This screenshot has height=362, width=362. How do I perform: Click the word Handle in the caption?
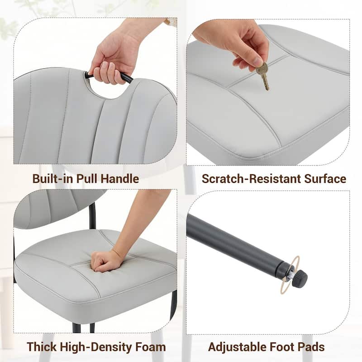click(120, 179)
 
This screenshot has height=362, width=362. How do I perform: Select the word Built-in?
click(53, 179)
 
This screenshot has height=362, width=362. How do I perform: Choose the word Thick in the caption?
click(42, 347)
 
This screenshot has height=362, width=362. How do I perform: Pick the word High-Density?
click(96, 347)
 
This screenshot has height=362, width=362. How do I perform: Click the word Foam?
click(151, 347)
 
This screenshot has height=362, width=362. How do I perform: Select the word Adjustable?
click(238, 347)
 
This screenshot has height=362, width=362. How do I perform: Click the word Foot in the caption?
click(282, 347)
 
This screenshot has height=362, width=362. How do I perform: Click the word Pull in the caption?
click(87, 179)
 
